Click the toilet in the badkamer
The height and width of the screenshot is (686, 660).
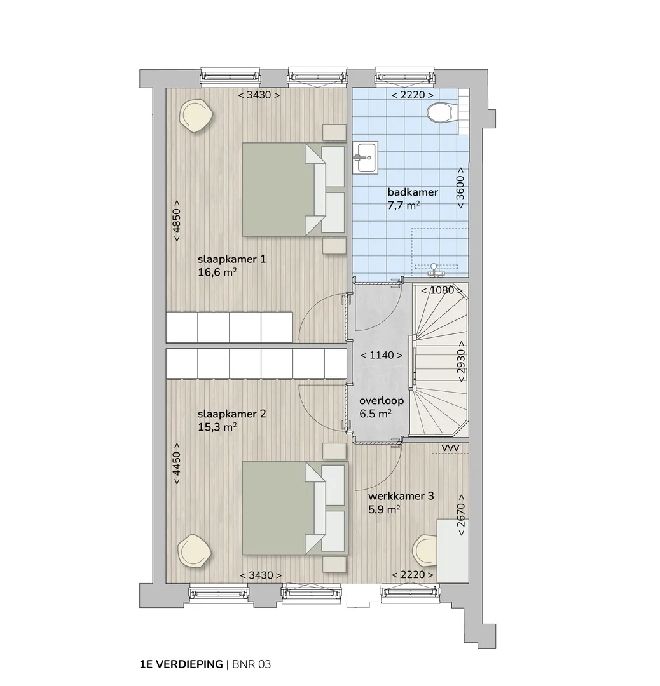click(440, 113)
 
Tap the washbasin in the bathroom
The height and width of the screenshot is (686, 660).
click(365, 158)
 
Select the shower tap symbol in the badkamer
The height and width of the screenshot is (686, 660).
click(434, 269)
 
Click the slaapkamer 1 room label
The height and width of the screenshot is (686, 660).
click(231, 259)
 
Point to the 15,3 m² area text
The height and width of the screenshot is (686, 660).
click(217, 427)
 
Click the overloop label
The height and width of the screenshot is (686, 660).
click(382, 401)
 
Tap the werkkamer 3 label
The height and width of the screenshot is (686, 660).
click(401, 496)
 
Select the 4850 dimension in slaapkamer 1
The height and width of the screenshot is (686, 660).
click(176, 221)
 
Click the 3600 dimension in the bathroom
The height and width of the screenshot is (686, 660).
click(460, 187)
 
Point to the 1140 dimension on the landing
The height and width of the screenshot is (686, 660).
click(382, 355)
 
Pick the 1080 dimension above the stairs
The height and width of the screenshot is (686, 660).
click(441, 290)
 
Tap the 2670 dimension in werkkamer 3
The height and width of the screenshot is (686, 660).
click(461, 515)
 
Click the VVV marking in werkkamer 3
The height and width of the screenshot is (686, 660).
click(450, 448)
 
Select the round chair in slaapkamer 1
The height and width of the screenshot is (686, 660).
click(196, 116)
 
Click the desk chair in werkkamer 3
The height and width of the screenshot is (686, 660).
click(425, 551)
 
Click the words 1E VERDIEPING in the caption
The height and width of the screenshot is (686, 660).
click(181, 664)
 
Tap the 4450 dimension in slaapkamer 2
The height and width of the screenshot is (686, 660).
click(176, 463)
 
